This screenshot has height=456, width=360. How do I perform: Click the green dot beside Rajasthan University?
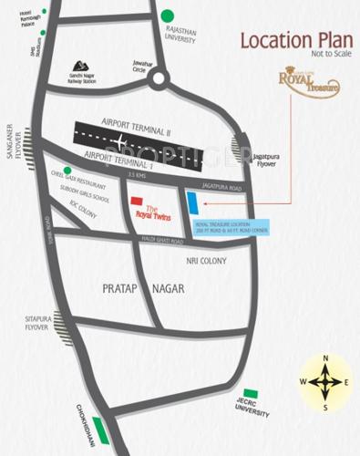(167, 16)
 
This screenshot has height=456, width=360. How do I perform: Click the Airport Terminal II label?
(139, 132)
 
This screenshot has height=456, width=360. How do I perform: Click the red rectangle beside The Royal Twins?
(136, 201)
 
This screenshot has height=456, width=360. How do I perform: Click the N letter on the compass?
(324, 359)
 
